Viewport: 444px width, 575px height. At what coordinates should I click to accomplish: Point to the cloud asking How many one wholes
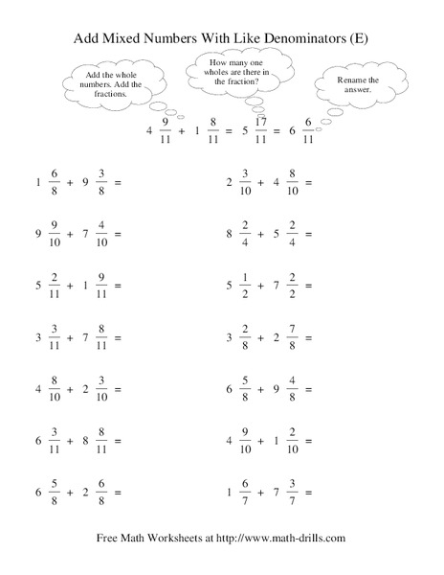[241, 73]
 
